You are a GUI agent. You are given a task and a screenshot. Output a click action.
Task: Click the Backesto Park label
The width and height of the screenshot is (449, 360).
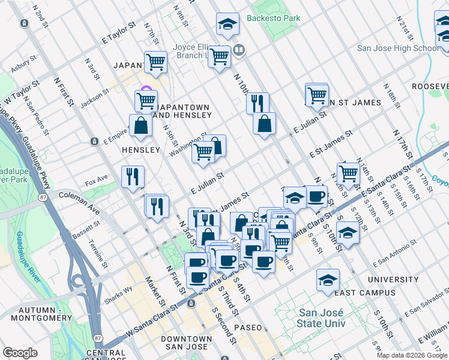(x=276, y=19)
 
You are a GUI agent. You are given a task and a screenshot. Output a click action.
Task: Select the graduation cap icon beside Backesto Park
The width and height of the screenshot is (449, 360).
(x=228, y=25)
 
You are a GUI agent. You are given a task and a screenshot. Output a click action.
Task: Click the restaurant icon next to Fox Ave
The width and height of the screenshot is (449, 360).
(x=133, y=176)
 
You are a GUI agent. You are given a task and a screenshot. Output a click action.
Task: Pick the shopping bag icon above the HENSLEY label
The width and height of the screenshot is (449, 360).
(x=140, y=126)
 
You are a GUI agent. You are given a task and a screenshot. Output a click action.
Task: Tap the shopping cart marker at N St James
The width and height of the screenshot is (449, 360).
(x=316, y=94)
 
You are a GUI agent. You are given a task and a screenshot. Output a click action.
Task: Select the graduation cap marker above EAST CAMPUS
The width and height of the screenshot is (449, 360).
(x=328, y=280)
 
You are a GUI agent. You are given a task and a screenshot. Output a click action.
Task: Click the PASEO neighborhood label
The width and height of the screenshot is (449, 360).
(x=248, y=328)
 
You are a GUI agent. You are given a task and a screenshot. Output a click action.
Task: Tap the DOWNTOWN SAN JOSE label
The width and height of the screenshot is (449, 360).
(x=186, y=343)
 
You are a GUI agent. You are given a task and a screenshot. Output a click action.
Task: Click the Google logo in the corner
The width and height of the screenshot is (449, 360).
(x=20, y=353)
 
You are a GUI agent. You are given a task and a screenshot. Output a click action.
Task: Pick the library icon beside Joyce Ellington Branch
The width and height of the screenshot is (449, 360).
(x=239, y=50)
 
